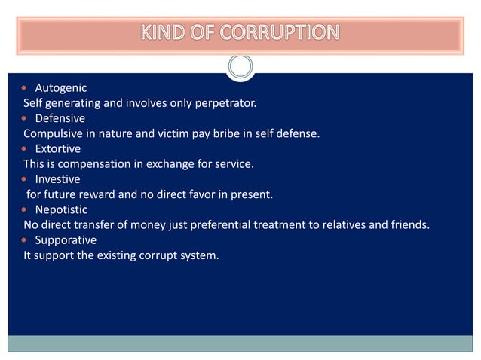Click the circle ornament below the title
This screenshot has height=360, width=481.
[240, 67]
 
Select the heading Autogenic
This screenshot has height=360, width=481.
[61, 88]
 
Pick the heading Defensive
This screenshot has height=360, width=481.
[60, 118]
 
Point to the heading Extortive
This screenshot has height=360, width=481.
[58, 148]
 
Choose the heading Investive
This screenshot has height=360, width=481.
[58, 179]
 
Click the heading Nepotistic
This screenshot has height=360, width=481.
[61, 209]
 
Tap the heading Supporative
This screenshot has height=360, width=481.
[66, 240]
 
